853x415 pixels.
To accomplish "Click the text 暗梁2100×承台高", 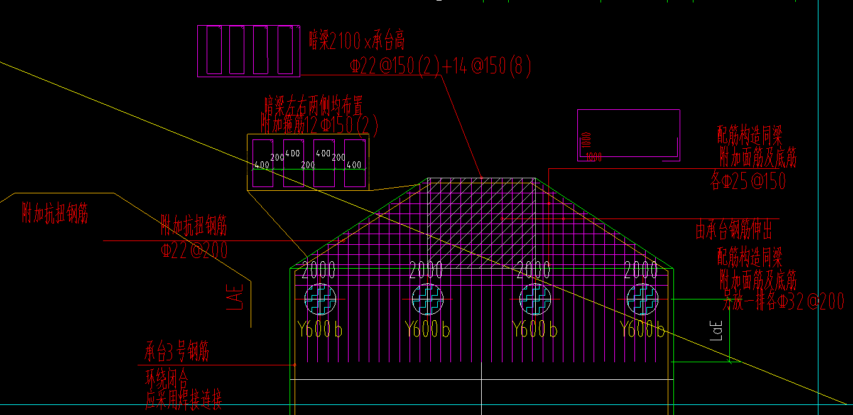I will click(x=357, y=41).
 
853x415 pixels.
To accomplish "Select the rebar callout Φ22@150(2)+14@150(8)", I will click(x=440, y=66).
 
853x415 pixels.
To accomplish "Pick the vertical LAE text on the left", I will click(x=233, y=295).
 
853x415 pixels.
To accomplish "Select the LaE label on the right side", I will click(x=717, y=331).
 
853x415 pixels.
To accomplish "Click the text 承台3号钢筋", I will click(x=177, y=352).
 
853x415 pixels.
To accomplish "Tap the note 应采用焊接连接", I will click(x=183, y=399).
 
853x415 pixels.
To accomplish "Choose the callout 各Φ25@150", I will click(x=747, y=181).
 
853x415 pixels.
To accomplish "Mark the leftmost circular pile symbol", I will click(x=320, y=299).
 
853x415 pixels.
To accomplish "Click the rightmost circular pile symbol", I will click(x=643, y=299).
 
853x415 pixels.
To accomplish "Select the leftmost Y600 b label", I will click(x=320, y=329).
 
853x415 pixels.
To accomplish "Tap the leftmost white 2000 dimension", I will click(x=318, y=271).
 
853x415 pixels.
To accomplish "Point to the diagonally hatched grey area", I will click(x=481, y=223).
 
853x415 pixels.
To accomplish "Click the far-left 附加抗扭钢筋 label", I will click(x=55, y=213).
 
